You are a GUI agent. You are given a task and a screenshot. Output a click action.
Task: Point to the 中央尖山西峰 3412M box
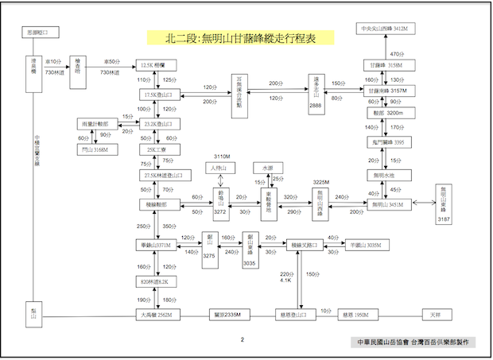pos(384,29)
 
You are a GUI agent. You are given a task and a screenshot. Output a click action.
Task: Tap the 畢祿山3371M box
pos(155,246)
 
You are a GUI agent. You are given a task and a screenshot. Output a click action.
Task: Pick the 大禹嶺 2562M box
pos(155,315)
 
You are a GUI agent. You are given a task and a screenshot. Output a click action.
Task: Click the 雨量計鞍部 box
pos(96,125)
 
